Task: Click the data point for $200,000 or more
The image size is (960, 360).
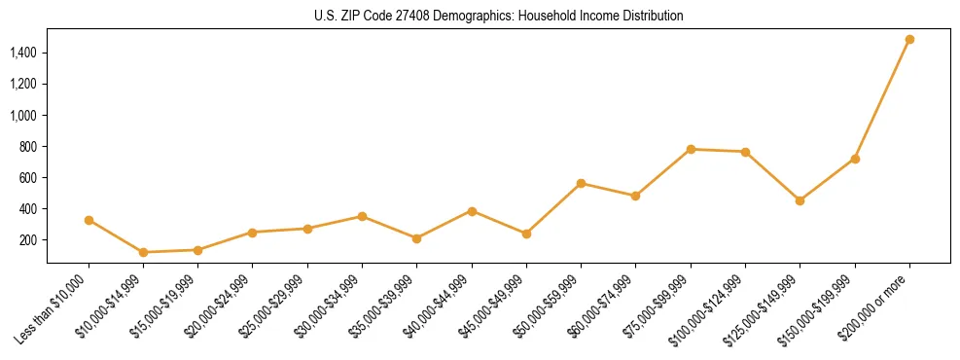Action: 909,40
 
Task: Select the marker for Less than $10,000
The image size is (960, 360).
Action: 89,220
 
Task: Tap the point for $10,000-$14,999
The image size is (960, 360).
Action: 144,252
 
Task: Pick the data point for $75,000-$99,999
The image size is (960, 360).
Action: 691,149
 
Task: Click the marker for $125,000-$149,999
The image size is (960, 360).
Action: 800,200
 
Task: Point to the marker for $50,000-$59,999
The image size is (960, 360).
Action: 581,183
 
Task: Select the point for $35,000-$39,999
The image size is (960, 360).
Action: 416,238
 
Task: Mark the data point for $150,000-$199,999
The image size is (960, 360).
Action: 855,159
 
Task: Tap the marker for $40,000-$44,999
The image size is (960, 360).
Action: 472,211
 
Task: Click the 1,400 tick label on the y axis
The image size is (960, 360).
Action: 24,53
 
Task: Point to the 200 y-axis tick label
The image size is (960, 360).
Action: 29,240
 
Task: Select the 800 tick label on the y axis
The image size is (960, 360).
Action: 29,147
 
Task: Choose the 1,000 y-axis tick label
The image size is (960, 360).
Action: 24,115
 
